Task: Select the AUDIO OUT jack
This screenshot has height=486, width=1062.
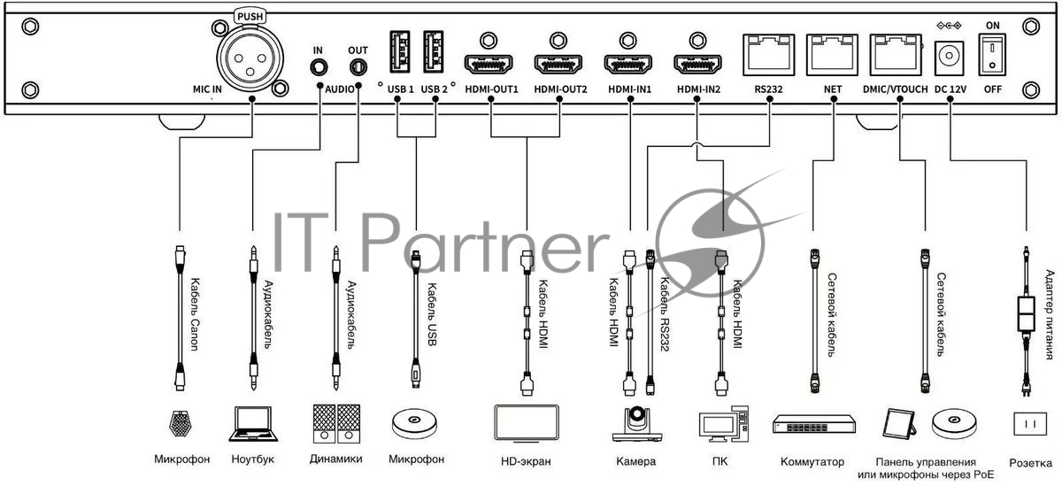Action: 358,66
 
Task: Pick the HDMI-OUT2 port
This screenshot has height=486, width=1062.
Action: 558,65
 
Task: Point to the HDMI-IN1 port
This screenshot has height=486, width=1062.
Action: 628,65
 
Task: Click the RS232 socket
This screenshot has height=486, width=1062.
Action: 768,57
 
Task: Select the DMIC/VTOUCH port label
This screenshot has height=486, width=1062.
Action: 896,89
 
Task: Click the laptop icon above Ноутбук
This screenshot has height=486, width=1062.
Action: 251,424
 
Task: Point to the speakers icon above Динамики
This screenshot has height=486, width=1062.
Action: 336,424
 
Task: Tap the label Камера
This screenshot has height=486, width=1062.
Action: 635,461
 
